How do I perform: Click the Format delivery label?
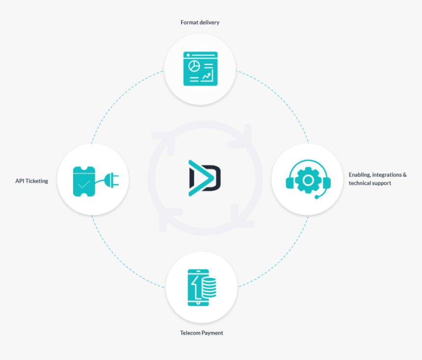[200, 23]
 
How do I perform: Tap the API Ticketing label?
[32, 181]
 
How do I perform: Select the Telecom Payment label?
[202, 333]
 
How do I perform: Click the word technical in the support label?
[360, 183]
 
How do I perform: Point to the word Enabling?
[360, 175]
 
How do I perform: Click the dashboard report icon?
[201, 69]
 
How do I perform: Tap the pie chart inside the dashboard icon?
[194, 66]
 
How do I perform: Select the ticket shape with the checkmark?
[84, 181]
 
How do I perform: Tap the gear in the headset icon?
[308, 180]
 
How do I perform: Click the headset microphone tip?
[317, 197]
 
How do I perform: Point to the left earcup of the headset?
[290, 183]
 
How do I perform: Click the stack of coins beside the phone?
[210, 287]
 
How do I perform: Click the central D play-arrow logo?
[205, 178]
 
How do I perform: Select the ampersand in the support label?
[405, 175]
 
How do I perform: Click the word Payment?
[212, 333]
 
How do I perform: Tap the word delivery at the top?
[210, 23]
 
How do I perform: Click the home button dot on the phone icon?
[198, 303]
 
